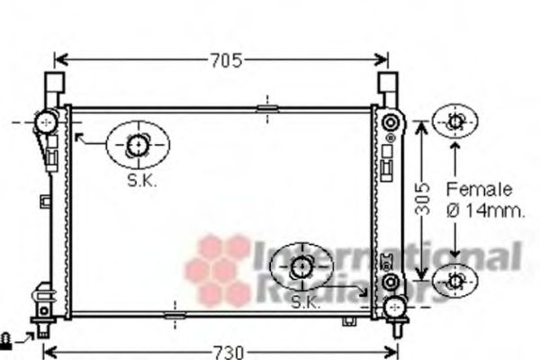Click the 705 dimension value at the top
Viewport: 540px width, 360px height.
[226, 60]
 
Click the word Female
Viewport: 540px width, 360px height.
[479, 190]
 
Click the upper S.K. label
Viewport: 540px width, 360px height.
[141, 180]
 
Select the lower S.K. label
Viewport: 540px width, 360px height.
[305, 303]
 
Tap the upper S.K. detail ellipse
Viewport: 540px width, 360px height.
[138, 144]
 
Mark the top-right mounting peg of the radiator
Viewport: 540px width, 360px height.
[388, 88]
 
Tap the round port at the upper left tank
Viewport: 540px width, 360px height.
[44, 121]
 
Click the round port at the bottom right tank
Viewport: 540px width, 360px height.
[393, 307]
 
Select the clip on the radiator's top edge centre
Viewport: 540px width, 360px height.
[267, 110]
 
